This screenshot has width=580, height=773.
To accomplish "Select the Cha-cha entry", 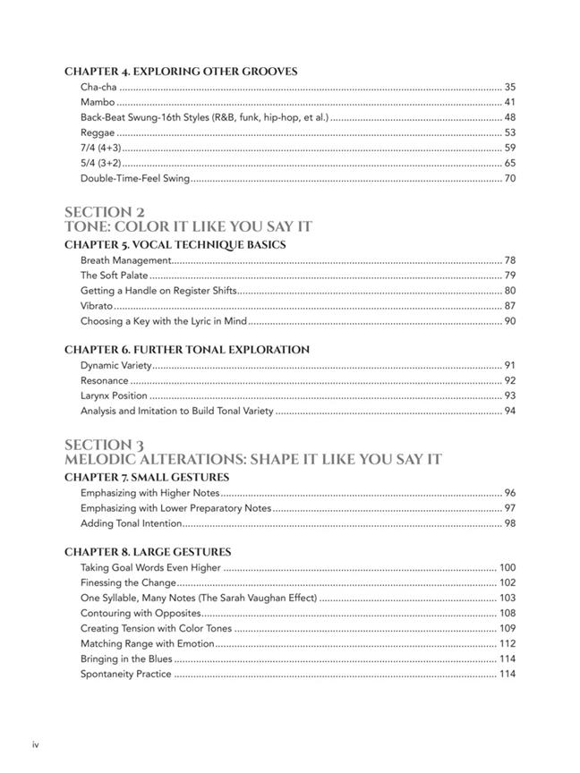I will coord(98,87).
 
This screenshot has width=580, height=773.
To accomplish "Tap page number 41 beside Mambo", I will coord(509,102).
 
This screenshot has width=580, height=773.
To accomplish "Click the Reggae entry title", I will coord(98,132).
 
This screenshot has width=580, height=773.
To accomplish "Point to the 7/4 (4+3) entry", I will coord(100,148).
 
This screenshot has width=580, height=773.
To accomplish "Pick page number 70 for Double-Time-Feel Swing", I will coord(509,178).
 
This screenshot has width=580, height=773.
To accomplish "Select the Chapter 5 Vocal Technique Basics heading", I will coord(188,244).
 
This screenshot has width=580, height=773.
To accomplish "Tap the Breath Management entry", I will coord(125,260).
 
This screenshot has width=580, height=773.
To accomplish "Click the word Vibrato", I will coord(97,306).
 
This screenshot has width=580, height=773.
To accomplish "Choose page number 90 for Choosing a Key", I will coord(509,321).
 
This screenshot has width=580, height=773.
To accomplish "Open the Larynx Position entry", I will coord(114,395).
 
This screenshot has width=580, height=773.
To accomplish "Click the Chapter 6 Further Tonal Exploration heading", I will coord(187,350).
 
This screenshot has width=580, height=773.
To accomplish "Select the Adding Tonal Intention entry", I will coord(132,523).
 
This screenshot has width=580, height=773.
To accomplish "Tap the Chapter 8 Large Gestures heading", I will coord(148,552).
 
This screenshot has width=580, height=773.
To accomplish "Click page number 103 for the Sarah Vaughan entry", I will coord(507,598).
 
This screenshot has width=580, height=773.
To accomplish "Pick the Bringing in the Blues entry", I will coord(126,658).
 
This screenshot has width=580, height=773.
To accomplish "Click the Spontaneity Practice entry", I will coord(126,674).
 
